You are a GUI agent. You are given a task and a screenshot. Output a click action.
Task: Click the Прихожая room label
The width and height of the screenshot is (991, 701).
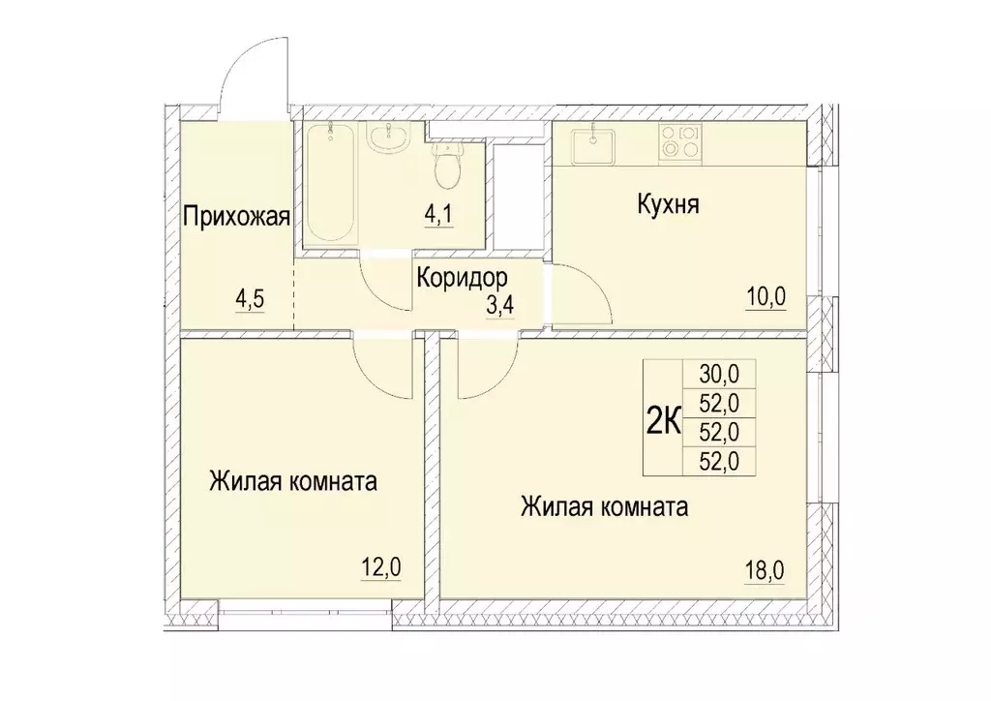coord(237,215)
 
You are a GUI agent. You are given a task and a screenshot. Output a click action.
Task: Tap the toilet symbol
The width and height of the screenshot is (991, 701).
coord(447,167)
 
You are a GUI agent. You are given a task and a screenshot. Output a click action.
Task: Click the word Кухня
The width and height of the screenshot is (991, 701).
coord(668,205)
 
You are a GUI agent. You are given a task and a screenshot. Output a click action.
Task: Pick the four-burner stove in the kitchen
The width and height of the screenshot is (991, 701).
coord(679,143)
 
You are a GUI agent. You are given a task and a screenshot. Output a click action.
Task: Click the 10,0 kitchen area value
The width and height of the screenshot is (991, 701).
coord(766,296)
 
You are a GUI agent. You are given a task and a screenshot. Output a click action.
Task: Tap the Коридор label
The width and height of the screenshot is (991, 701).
coord(462,279)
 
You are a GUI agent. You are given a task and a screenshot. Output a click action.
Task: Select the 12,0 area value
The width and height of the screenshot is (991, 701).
coord(378,567)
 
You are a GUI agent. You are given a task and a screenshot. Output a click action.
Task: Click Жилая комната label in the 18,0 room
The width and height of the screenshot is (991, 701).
coord(604,506)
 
